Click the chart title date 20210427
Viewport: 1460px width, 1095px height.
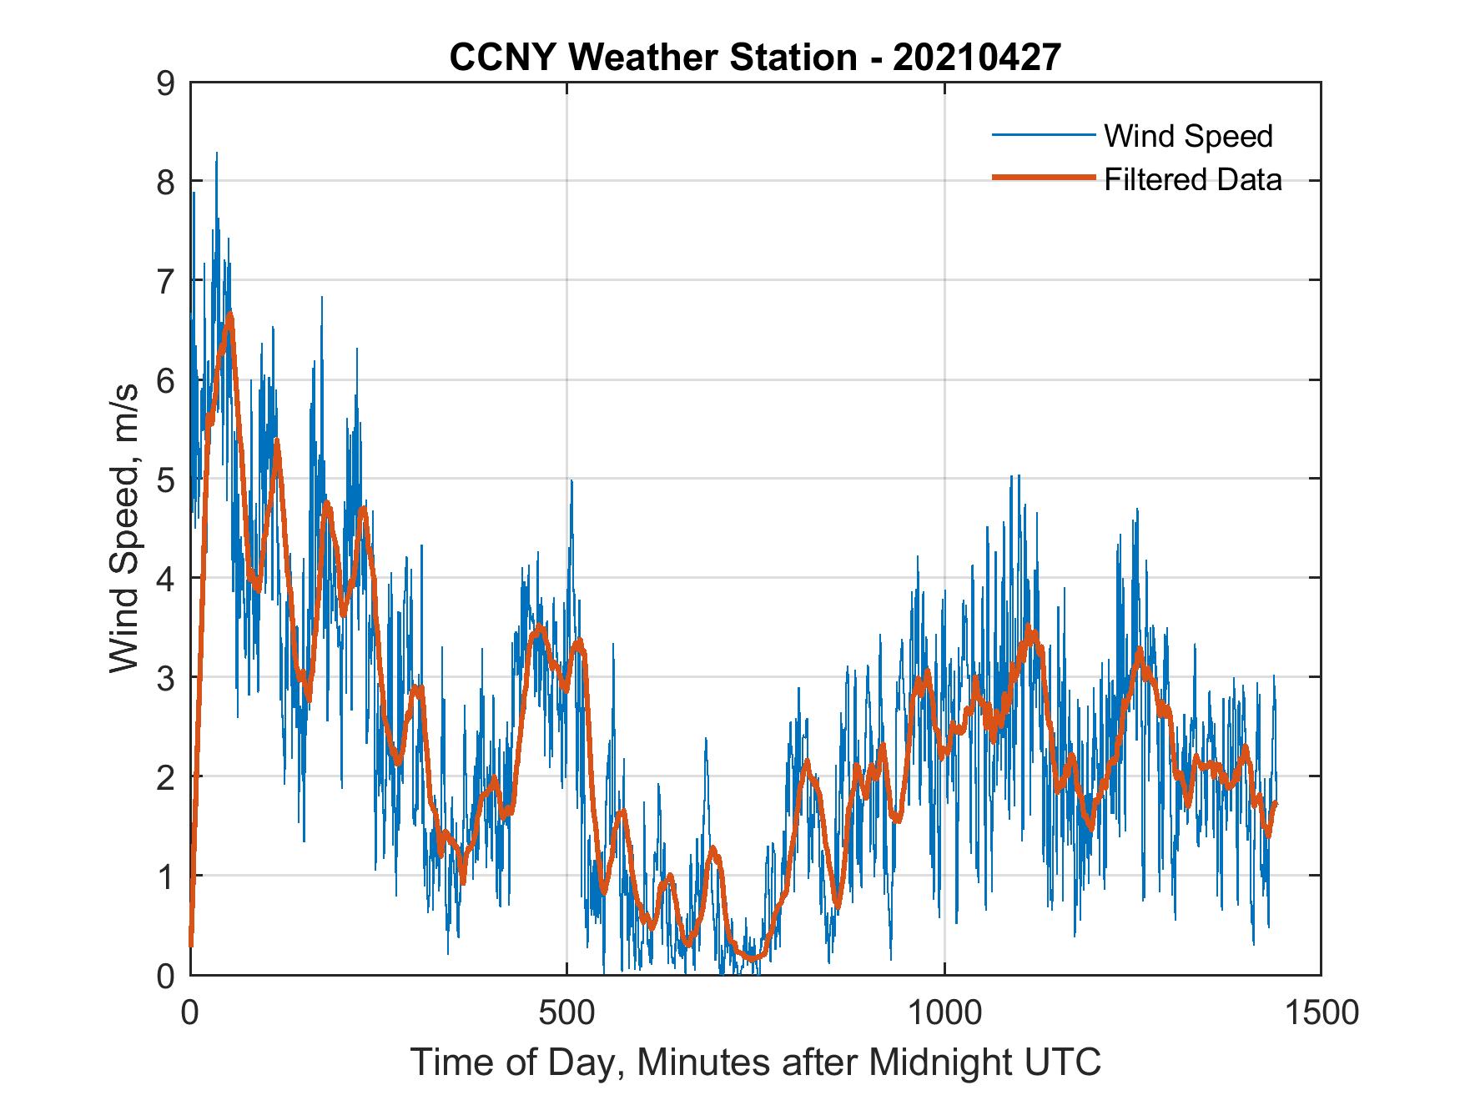pos(977,57)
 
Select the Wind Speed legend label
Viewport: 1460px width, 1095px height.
pos(1188,136)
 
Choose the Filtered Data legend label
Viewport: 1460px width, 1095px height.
pos(1192,179)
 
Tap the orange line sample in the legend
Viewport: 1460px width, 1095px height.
pos(1043,178)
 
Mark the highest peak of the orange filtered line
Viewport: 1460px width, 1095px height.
pos(229,314)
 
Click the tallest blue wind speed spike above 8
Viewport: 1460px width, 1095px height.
pos(216,155)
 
